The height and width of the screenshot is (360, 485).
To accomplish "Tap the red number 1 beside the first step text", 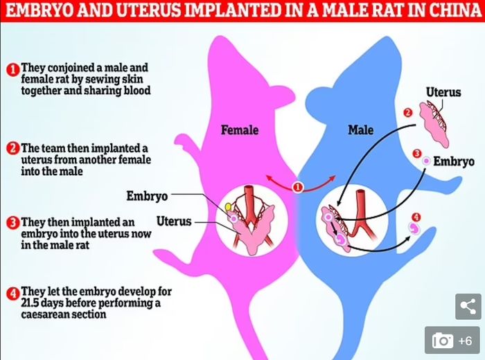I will [x=12, y=69].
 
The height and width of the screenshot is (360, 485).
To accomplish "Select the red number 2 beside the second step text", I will [x=12, y=148].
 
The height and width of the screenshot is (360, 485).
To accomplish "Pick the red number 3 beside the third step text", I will [x=12, y=222].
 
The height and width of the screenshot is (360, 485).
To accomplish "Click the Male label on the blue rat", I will [x=360, y=129].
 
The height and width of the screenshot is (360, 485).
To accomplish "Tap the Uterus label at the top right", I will [x=443, y=92].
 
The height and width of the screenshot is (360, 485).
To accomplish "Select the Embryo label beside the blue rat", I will [x=454, y=161].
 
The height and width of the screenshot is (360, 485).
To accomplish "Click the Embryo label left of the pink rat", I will [x=147, y=196].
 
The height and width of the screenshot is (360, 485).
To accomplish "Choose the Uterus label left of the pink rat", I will [x=174, y=222].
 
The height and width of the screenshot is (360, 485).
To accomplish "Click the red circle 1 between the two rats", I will [x=299, y=187].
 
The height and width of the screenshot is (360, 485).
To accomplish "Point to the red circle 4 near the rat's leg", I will [x=416, y=217].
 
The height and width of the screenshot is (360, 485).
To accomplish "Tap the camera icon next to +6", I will [x=443, y=340].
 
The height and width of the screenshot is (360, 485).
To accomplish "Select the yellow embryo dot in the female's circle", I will [x=227, y=206].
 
